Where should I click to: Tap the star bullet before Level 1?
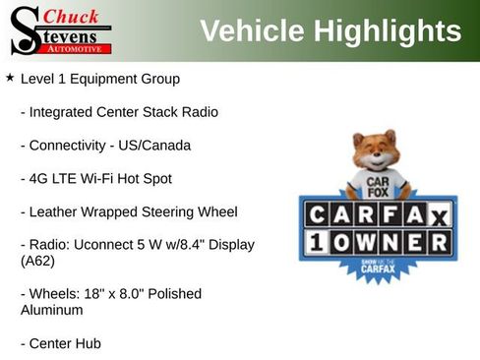point(10,77)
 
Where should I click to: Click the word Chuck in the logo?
point(72,17)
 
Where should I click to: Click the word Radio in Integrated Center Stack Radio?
point(199,112)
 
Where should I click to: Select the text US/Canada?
point(152,146)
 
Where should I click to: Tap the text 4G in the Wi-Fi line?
point(40,179)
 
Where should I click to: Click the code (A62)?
point(37,262)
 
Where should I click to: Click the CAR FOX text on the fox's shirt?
point(378,185)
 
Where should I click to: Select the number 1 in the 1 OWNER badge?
point(315,242)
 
